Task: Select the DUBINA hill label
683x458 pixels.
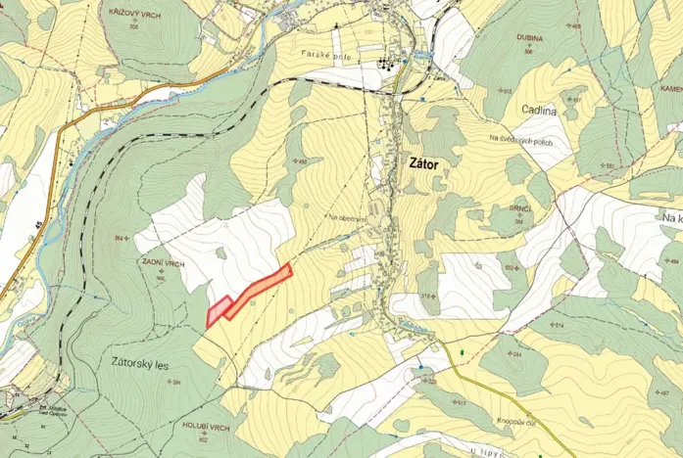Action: (530, 40)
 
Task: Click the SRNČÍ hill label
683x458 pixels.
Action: (509, 211)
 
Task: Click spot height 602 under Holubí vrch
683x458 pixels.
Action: (203, 438)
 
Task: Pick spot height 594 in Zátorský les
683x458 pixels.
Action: (177, 381)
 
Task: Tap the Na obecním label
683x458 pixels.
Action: (347, 218)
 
